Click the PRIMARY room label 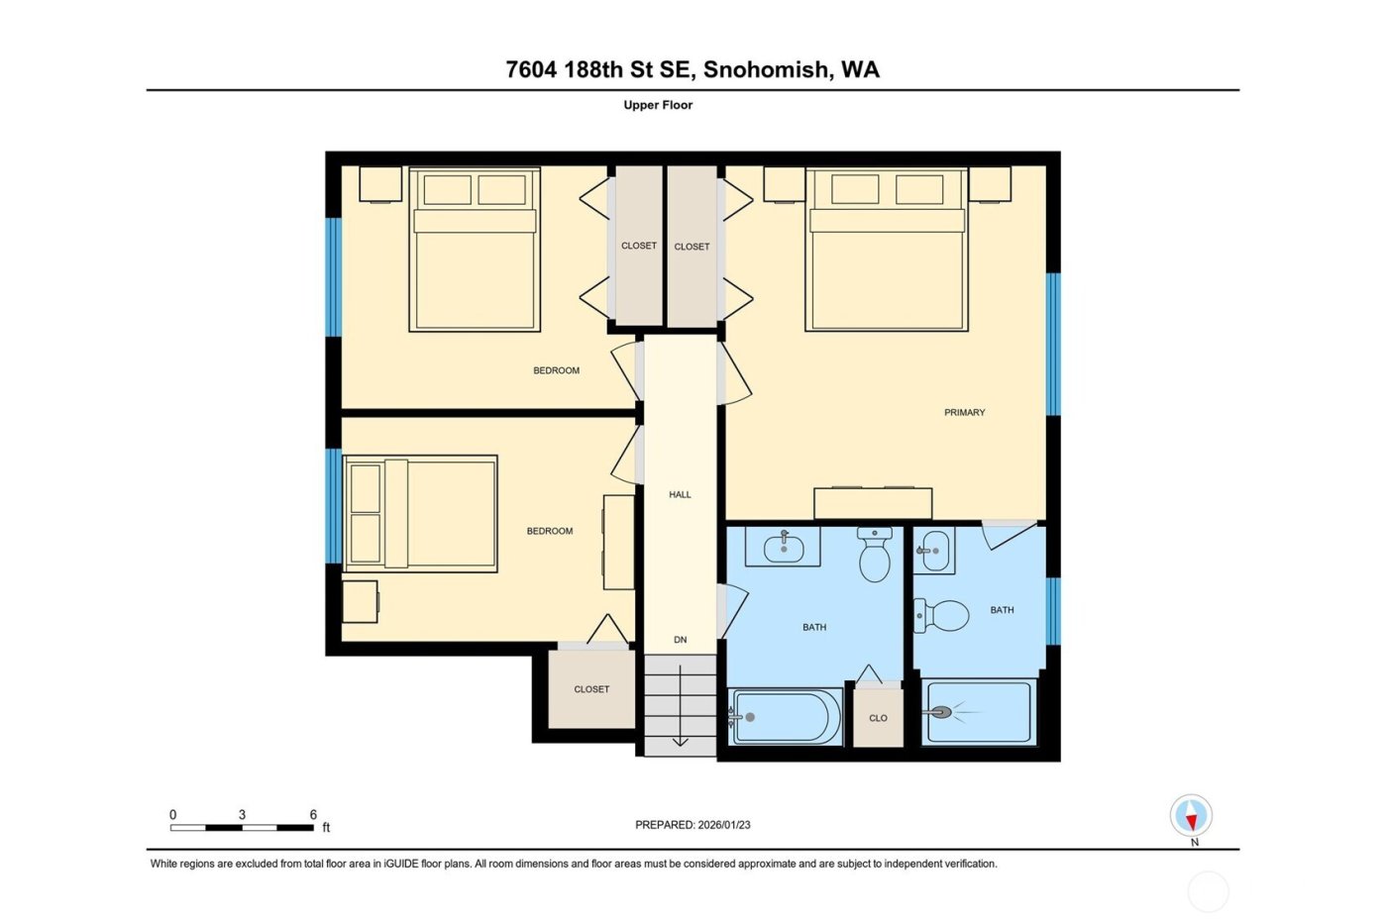point(964,412)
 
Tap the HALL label point(680,494)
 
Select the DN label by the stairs point(680,640)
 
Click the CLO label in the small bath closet point(878,718)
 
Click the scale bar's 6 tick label point(313,815)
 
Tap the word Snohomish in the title point(767,69)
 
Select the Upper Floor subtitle point(658,105)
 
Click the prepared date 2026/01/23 point(723,824)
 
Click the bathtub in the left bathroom point(786,717)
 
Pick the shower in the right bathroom point(977,712)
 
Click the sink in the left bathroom point(784,547)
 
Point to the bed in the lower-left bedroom point(420,513)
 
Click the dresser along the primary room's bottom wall point(872,503)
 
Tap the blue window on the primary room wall point(1053,344)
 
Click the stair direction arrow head point(680,742)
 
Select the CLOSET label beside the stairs point(591,689)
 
